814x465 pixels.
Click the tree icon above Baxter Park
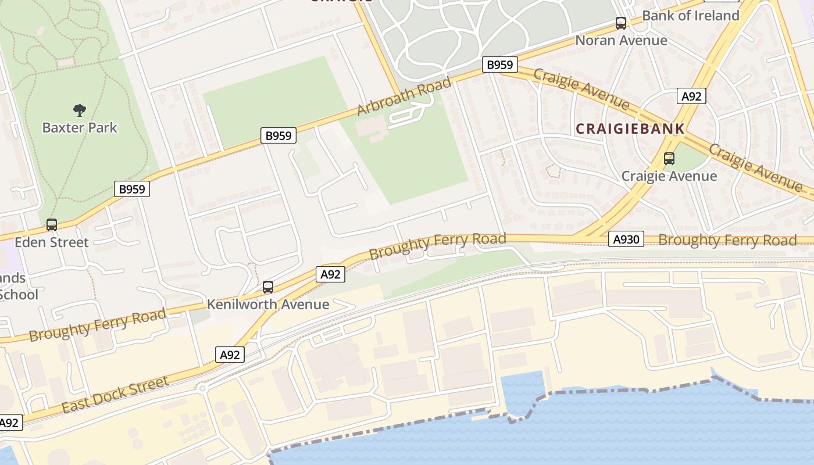click(80, 110)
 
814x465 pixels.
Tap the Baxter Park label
click(80, 128)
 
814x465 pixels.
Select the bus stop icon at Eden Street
click(52, 224)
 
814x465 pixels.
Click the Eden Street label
click(52, 242)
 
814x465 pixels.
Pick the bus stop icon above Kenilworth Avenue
click(268, 287)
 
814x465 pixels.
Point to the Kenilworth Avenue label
click(268, 305)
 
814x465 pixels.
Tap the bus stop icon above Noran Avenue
click(621, 23)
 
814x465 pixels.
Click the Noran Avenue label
click(621, 41)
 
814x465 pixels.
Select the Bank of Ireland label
click(691, 16)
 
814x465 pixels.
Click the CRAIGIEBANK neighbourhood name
click(630, 129)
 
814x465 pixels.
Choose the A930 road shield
click(626, 239)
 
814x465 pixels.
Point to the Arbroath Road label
click(404, 96)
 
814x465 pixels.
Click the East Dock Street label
click(115, 395)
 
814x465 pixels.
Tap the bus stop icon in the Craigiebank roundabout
click(669, 158)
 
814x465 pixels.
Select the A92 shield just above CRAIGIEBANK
click(691, 96)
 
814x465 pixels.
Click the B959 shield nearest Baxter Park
click(132, 188)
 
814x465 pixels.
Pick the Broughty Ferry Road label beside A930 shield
click(727, 240)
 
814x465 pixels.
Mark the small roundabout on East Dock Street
click(202, 388)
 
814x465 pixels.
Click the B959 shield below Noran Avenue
click(500, 65)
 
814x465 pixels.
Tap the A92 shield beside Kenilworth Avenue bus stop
click(330, 274)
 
